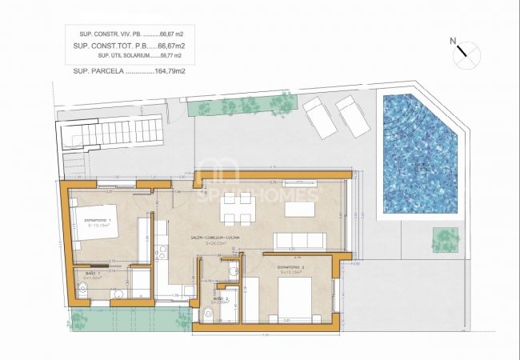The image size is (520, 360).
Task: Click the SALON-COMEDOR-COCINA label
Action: [223, 238]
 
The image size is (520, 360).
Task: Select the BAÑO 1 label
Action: [94, 274]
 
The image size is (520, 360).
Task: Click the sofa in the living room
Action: [300, 241]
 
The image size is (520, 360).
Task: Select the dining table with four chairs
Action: [238, 209]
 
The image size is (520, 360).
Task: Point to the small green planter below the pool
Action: [446, 238]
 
